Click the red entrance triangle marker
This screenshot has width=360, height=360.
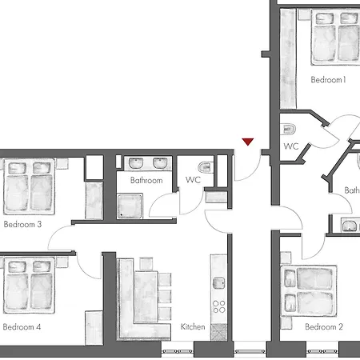(x=248, y=142)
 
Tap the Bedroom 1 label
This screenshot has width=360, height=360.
(x=328, y=80)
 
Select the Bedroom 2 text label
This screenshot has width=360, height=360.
(x=323, y=327)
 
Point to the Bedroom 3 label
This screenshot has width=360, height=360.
(x=22, y=225)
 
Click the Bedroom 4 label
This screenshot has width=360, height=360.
(x=22, y=327)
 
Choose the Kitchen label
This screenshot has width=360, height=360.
(x=193, y=327)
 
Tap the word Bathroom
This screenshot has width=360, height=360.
(x=146, y=181)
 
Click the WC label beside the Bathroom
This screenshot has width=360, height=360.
(x=194, y=181)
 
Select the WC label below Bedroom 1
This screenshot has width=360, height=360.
(x=290, y=146)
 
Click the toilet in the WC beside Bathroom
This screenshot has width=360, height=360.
(x=205, y=166)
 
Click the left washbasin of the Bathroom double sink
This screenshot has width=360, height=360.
(x=134, y=164)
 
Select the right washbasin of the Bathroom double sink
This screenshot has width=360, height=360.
(x=160, y=164)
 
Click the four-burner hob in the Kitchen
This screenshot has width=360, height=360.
(x=217, y=309)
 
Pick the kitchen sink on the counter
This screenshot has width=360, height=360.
(x=217, y=284)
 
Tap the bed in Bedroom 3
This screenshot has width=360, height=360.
(x=28, y=186)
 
